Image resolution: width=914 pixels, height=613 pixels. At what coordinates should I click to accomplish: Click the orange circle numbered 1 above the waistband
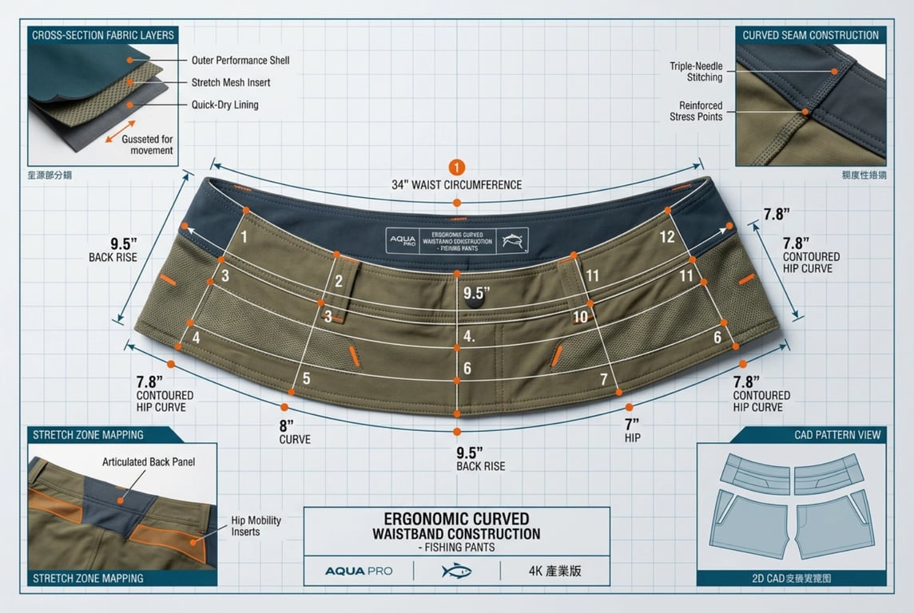456,168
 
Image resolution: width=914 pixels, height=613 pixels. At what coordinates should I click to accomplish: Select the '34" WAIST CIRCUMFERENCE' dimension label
456,185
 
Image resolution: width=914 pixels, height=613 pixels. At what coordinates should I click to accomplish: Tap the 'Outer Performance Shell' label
240,61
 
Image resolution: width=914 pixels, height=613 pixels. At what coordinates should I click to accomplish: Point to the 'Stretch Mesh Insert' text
231,82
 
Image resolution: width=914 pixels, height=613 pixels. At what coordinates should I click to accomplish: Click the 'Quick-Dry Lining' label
225,105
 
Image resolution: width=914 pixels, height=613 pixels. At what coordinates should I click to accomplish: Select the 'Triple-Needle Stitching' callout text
696,72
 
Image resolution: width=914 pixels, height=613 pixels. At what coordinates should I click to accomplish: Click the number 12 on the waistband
667,236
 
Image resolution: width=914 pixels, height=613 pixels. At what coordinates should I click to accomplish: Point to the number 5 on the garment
305,378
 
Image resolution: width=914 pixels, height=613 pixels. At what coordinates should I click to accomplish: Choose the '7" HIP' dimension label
632,430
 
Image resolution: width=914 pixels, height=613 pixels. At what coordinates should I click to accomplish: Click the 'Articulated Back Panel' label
149,462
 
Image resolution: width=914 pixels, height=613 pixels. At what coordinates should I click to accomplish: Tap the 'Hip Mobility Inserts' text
256,526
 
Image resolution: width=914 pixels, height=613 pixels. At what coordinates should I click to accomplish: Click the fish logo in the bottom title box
456,571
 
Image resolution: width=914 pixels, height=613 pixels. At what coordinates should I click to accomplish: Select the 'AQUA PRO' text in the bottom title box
358,571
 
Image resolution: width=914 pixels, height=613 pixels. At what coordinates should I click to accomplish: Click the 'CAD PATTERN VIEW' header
837,435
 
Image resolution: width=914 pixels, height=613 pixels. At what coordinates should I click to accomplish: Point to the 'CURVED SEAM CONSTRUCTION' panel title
810,35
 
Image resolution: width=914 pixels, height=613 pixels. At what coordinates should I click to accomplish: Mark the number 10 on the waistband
580,317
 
